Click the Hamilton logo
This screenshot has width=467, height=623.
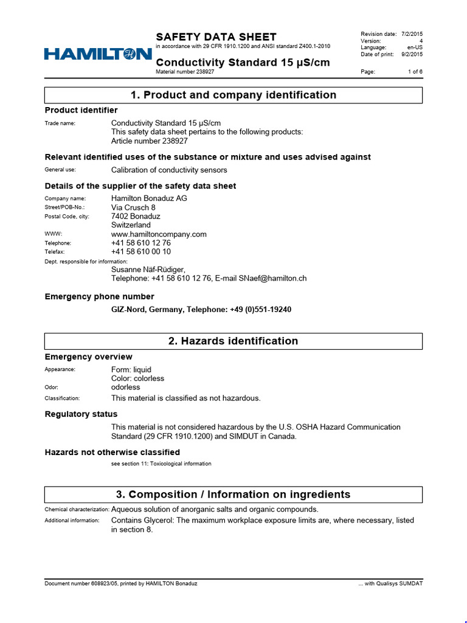coord(97,55)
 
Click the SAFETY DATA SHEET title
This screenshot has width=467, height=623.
coord(216,37)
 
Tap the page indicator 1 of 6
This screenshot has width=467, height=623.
coord(415,72)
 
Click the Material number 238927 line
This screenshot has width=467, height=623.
coord(185,72)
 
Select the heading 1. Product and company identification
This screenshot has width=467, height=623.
coord(233,95)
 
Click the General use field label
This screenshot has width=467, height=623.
coord(60,170)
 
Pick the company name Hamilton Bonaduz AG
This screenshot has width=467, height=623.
coord(149,198)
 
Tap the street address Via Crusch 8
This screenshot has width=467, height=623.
coord(133,207)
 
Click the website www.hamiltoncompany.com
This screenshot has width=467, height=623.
coord(159,234)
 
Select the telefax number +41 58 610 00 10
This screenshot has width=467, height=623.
coord(141,251)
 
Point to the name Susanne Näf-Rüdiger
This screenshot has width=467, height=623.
coord(148,270)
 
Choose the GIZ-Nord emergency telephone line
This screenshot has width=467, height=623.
coord(201,310)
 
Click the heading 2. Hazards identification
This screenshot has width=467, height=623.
coord(233,341)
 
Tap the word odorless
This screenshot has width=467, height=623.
coord(125,387)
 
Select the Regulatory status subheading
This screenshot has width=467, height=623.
coord(81,414)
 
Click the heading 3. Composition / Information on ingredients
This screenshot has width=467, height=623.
coord(233,495)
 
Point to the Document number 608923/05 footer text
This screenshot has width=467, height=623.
coord(121,583)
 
